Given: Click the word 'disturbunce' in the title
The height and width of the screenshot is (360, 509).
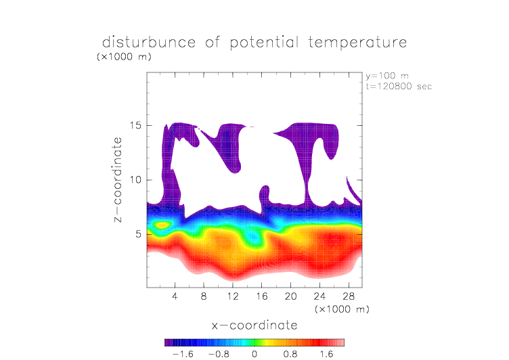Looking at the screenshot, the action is tap(149, 42).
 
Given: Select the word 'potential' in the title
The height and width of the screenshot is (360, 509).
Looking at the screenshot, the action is tap(264, 43).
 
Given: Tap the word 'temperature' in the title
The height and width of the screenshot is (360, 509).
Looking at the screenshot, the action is tap(357, 43).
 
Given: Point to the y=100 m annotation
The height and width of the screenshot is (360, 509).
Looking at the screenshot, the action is tap(387, 76).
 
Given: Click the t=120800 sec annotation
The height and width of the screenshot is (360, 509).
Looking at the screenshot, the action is tap(399, 87).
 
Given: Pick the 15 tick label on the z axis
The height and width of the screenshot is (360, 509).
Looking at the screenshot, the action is tap(135, 125).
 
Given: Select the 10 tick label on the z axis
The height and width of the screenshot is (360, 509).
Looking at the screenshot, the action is tap(135, 180).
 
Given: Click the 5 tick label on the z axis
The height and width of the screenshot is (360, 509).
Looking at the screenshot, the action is tap(139, 234).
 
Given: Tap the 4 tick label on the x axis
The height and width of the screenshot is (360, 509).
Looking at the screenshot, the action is tap(175, 296).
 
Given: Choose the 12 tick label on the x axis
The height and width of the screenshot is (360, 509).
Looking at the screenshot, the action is tap(233, 296).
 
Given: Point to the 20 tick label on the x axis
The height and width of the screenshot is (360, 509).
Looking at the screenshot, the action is tap(290, 296).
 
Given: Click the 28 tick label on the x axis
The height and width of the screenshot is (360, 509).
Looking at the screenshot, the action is tap(349, 296).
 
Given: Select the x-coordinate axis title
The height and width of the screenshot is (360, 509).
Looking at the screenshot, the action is tap(255, 325).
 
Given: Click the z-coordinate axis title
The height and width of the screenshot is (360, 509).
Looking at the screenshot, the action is tap(118, 179).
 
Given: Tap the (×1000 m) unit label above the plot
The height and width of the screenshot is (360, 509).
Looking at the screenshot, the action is tap(124, 56).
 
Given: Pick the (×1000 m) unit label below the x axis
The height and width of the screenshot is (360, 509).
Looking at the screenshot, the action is tap(342, 309).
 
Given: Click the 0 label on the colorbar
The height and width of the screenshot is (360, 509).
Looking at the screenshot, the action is tap(255, 354).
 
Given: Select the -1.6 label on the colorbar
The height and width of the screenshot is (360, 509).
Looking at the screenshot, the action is tap(183, 354).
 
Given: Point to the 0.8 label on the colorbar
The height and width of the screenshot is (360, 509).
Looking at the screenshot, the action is tap(290, 354).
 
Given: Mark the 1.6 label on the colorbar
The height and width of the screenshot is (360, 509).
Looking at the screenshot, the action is tap(326, 354).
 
